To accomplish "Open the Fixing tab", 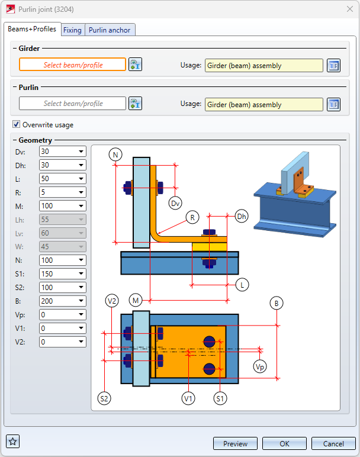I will coord(72,30).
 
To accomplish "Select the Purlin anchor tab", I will coord(110,30).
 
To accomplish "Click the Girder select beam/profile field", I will coord(73,65).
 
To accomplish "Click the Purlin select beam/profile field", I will coord(73,104).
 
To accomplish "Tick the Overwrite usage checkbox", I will coord(17,125).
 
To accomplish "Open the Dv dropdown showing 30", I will coord(62,152).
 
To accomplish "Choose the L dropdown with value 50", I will coord(62,179).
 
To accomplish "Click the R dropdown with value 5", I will coord(62,192).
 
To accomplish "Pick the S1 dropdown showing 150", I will coord(62,274).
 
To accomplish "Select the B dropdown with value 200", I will coord(62,301).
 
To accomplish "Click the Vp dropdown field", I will coord(62,315).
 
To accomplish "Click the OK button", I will coord(284,443).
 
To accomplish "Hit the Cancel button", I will coord(333,443).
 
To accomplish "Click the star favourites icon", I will coord(13,441).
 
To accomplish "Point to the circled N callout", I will coord(115,155).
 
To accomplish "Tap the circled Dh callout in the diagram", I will coord(241,216).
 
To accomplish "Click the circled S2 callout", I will coord(104,398).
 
